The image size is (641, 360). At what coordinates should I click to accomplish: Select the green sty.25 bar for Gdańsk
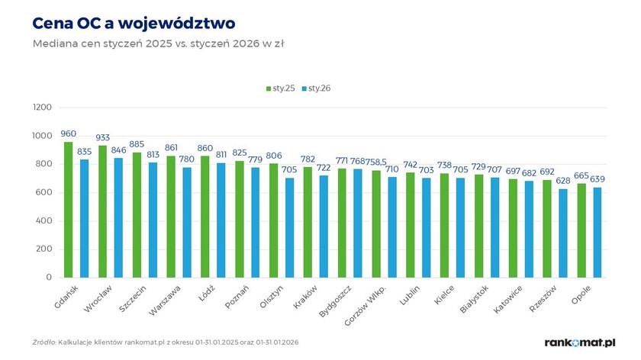[68, 210]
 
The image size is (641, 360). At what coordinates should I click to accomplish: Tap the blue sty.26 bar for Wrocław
[118, 217]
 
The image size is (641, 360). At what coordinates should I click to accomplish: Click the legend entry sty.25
[281, 88]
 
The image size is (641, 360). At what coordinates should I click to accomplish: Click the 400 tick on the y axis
[44, 220]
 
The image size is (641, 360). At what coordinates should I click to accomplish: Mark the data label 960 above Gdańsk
[68, 134]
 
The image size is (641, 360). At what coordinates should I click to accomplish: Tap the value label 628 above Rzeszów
[563, 181]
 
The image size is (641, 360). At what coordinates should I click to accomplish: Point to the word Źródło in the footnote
[43, 342]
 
